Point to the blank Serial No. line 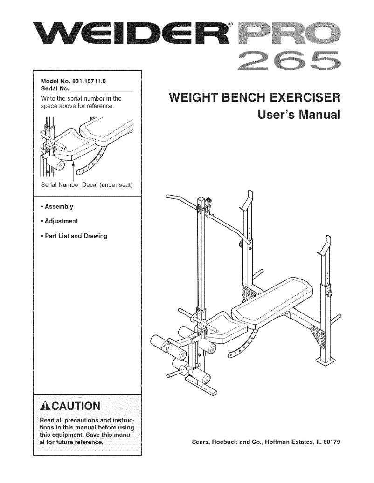102,88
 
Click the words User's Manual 299,114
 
